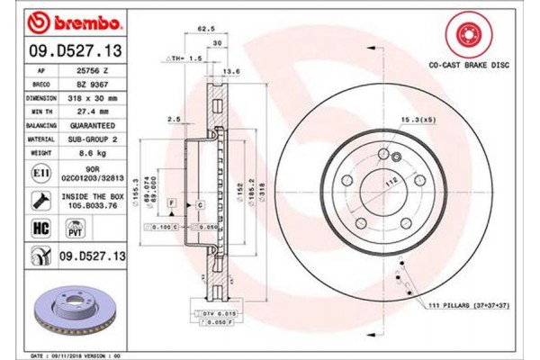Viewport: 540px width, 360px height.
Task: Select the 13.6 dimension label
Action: pyautogui.click(x=231, y=71)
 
